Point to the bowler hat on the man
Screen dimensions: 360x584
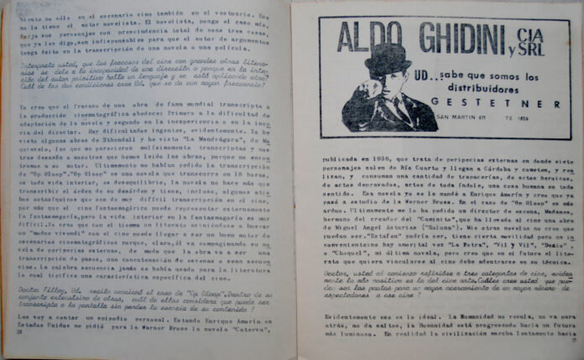387,58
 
